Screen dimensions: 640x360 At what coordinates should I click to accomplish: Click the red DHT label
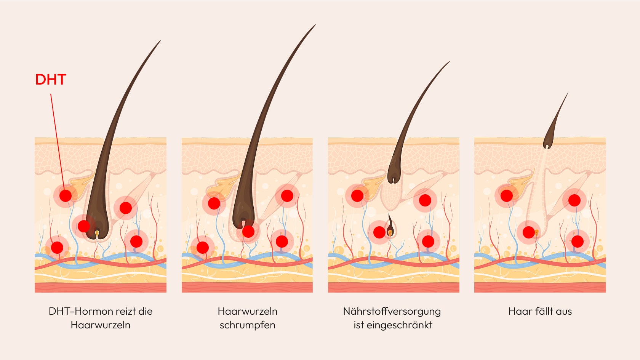tap(51, 80)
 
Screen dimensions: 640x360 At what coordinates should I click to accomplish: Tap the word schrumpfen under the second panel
tap(247, 325)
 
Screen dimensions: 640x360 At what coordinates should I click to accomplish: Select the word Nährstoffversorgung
tap(392, 311)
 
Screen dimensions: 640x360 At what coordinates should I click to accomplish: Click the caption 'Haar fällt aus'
tap(540, 311)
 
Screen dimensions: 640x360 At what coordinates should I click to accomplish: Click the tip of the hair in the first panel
tap(160, 41)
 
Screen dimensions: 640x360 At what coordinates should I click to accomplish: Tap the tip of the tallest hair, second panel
tap(315, 26)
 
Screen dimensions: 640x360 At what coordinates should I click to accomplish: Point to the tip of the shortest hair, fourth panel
tap(567, 94)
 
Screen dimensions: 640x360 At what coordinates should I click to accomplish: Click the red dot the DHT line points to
tap(66, 196)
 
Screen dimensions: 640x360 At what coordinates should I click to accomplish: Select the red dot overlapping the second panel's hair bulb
tap(248, 231)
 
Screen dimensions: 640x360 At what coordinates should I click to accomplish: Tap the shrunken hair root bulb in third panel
tap(394, 176)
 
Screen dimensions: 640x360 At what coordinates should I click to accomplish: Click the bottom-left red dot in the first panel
tap(57, 247)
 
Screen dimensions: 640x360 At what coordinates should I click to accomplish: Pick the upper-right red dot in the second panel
tap(287, 196)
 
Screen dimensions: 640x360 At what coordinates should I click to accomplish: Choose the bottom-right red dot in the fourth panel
tap(578, 241)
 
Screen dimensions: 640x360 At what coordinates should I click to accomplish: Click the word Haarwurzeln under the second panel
tap(247, 311)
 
